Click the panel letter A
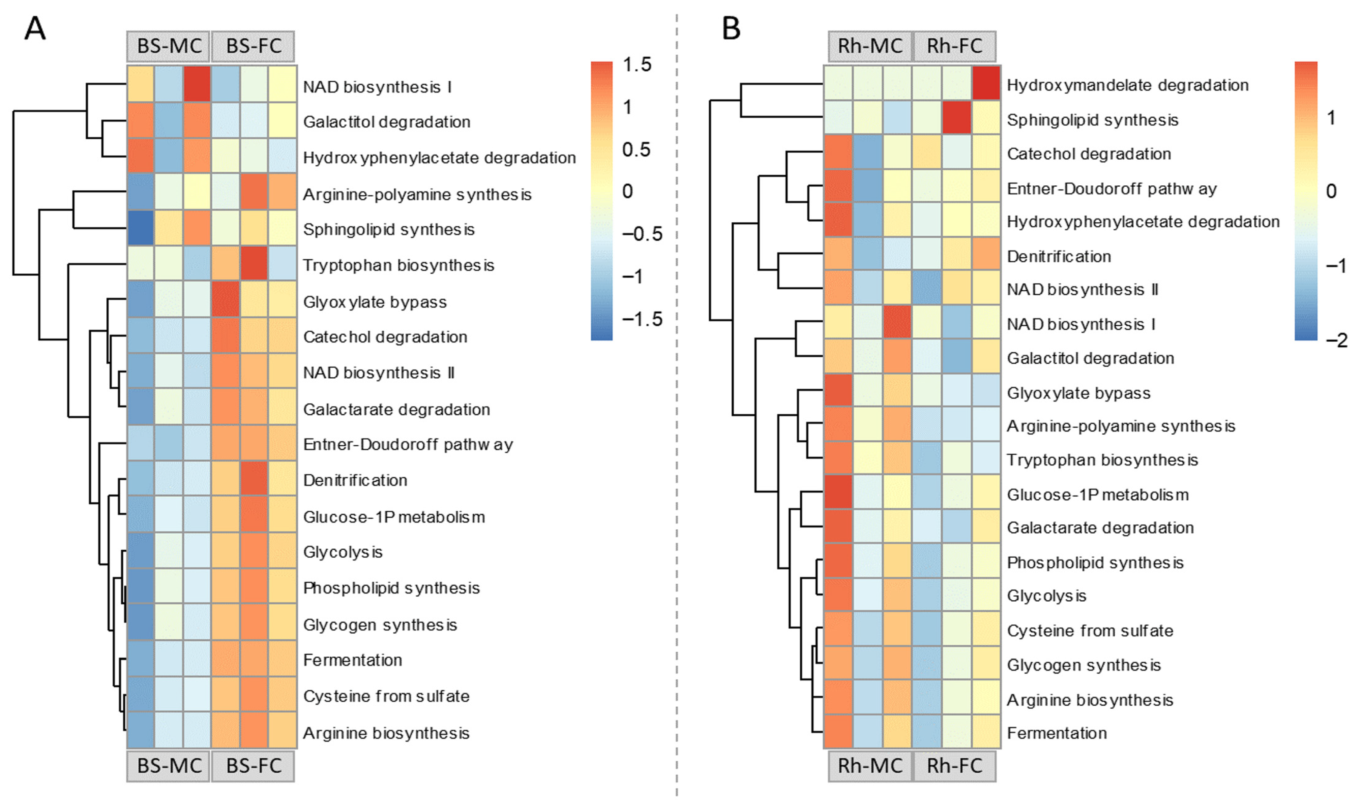point(35,28)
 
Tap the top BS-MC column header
point(169,46)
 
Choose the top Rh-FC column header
point(955,46)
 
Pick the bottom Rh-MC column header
point(870,766)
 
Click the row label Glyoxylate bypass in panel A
point(375,302)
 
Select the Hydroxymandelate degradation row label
point(1127,85)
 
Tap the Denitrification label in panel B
point(1059,256)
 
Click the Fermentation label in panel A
point(352,661)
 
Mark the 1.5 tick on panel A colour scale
point(637,65)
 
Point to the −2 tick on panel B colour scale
point(1336,340)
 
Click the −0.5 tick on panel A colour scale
point(642,234)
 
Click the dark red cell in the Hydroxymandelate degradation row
point(986,83)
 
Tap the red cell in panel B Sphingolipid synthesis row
point(957,117)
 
